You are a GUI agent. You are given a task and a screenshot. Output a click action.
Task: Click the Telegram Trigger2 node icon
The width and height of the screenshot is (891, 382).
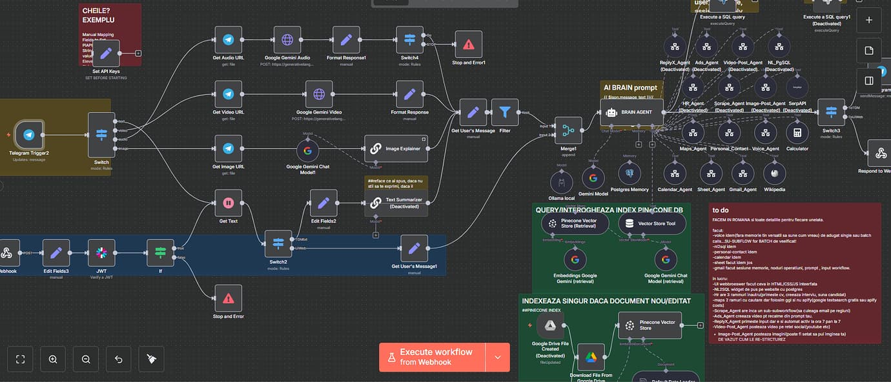tap(28, 135)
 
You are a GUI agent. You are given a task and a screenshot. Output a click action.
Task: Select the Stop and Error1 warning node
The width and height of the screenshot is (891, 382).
tap(468, 45)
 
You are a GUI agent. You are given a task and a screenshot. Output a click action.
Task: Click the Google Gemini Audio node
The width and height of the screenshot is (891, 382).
tap(287, 40)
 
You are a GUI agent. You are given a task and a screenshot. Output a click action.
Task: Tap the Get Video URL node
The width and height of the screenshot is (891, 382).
tap(228, 94)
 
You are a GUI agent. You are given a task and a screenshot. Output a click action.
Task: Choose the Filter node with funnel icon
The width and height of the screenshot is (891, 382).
tap(505, 112)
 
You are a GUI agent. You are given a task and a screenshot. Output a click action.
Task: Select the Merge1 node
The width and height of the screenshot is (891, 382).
tap(568, 130)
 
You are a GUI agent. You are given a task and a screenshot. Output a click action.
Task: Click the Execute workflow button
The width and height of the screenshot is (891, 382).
tap(432, 357)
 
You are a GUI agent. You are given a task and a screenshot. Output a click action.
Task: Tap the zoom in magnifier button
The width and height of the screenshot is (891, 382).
tap(53, 359)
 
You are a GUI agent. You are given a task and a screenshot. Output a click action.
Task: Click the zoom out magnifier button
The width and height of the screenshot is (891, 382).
tap(86, 359)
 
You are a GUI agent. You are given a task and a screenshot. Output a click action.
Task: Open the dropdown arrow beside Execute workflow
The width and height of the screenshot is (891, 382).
tap(497, 357)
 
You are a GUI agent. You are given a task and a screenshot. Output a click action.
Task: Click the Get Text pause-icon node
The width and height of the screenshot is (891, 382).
tap(228, 203)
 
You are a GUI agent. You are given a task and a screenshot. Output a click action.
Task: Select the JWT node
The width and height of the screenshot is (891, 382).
tap(101, 253)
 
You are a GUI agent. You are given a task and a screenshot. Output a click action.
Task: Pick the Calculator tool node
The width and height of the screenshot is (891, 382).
tap(797, 132)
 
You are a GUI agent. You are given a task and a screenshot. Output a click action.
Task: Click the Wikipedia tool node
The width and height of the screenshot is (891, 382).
tap(774, 174)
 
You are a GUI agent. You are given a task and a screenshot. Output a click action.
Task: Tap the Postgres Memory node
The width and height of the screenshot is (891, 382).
tap(630, 174)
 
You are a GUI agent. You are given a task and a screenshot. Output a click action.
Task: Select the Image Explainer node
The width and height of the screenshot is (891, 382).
tap(396, 148)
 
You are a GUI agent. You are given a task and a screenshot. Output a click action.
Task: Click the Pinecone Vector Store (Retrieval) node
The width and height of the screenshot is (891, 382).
tap(575, 224)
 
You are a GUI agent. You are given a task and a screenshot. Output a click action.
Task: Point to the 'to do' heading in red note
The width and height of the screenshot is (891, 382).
tap(721, 210)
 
